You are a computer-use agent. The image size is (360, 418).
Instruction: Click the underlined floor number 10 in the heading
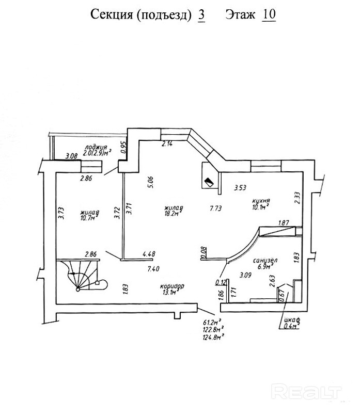(269, 14)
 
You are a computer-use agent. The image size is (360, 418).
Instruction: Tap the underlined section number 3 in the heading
(201, 14)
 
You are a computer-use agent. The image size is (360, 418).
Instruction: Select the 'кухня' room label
(262, 201)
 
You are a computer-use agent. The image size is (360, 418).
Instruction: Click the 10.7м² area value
(88, 218)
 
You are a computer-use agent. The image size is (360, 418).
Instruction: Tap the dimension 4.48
(148, 253)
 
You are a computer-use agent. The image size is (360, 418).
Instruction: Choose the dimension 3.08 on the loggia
(71, 155)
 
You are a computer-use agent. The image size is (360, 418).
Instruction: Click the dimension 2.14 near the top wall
(167, 144)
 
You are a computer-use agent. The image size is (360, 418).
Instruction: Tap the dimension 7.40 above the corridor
(153, 269)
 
